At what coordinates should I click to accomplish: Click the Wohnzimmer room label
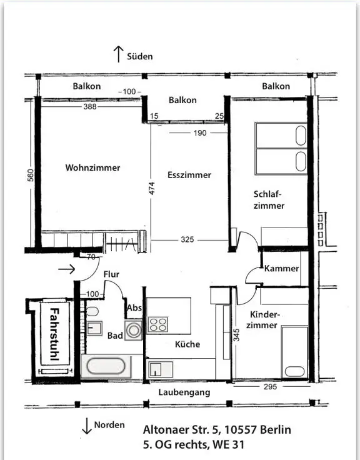tap(92, 167)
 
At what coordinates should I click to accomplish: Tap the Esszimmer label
tap(189, 175)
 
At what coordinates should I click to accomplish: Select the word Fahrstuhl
tap(54, 334)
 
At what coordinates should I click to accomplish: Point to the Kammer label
tap(281, 268)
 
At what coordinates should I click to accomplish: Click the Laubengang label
tap(184, 392)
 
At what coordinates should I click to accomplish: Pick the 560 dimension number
tap(31, 175)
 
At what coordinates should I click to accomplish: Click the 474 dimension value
tap(152, 188)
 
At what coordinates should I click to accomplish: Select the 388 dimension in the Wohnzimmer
tap(90, 106)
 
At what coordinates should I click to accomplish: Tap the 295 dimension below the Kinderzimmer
tap(270, 387)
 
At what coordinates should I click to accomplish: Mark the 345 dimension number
tap(236, 335)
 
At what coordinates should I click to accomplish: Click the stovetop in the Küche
tap(158, 324)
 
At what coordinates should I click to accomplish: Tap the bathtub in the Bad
tap(106, 366)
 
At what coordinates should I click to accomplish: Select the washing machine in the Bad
tap(134, 331)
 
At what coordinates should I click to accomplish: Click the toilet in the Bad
tap(92, 311)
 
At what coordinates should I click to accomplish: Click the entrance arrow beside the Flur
tap(67, 269)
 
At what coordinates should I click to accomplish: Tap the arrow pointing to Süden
tap(118, 54)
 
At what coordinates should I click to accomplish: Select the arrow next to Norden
tap(86, 426)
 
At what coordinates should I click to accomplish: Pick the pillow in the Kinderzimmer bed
tap(294, 371)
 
